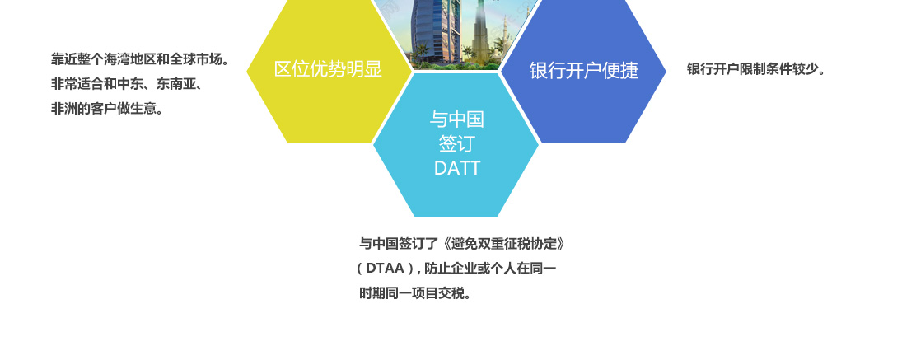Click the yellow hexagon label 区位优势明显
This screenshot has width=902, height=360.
click(328, 69)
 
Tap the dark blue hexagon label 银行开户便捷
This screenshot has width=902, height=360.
click(584, 70)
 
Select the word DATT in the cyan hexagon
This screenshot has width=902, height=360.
click(456, 168)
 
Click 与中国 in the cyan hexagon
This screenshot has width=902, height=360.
click(456, 119)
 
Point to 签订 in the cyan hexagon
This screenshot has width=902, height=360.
click(456, 143)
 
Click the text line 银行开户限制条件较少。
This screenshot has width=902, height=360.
click(756, 69)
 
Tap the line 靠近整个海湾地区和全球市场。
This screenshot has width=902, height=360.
click(140, 58)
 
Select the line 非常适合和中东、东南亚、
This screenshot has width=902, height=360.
click(127, 84)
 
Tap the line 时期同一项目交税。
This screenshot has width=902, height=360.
click(416, 293)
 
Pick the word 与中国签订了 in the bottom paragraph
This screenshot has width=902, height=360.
click(399, 243)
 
